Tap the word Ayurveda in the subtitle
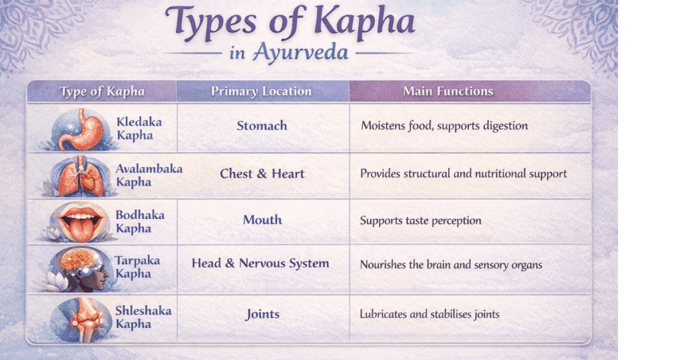[x=300, y=52]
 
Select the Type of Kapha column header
[x=102, y=91]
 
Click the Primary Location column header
[x=261, y=91]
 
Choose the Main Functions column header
[x=448, y=91]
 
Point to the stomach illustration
[x=81, y=130]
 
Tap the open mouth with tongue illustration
[x=80, y=222]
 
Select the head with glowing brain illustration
[x=79, y=269]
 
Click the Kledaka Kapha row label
[x=139, y=128]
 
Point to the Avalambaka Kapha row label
[x=148, y=175]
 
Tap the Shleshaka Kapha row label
[x=143, y=317]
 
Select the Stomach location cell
[x=262, y=126]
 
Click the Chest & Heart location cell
[x=262, y=174]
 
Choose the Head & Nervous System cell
[x=260, y=263]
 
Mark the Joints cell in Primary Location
[x=263, y=314]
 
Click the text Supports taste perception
[x=421, y=220]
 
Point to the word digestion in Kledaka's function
[x=505, y=126]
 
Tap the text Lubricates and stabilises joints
[x=429, y=314]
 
